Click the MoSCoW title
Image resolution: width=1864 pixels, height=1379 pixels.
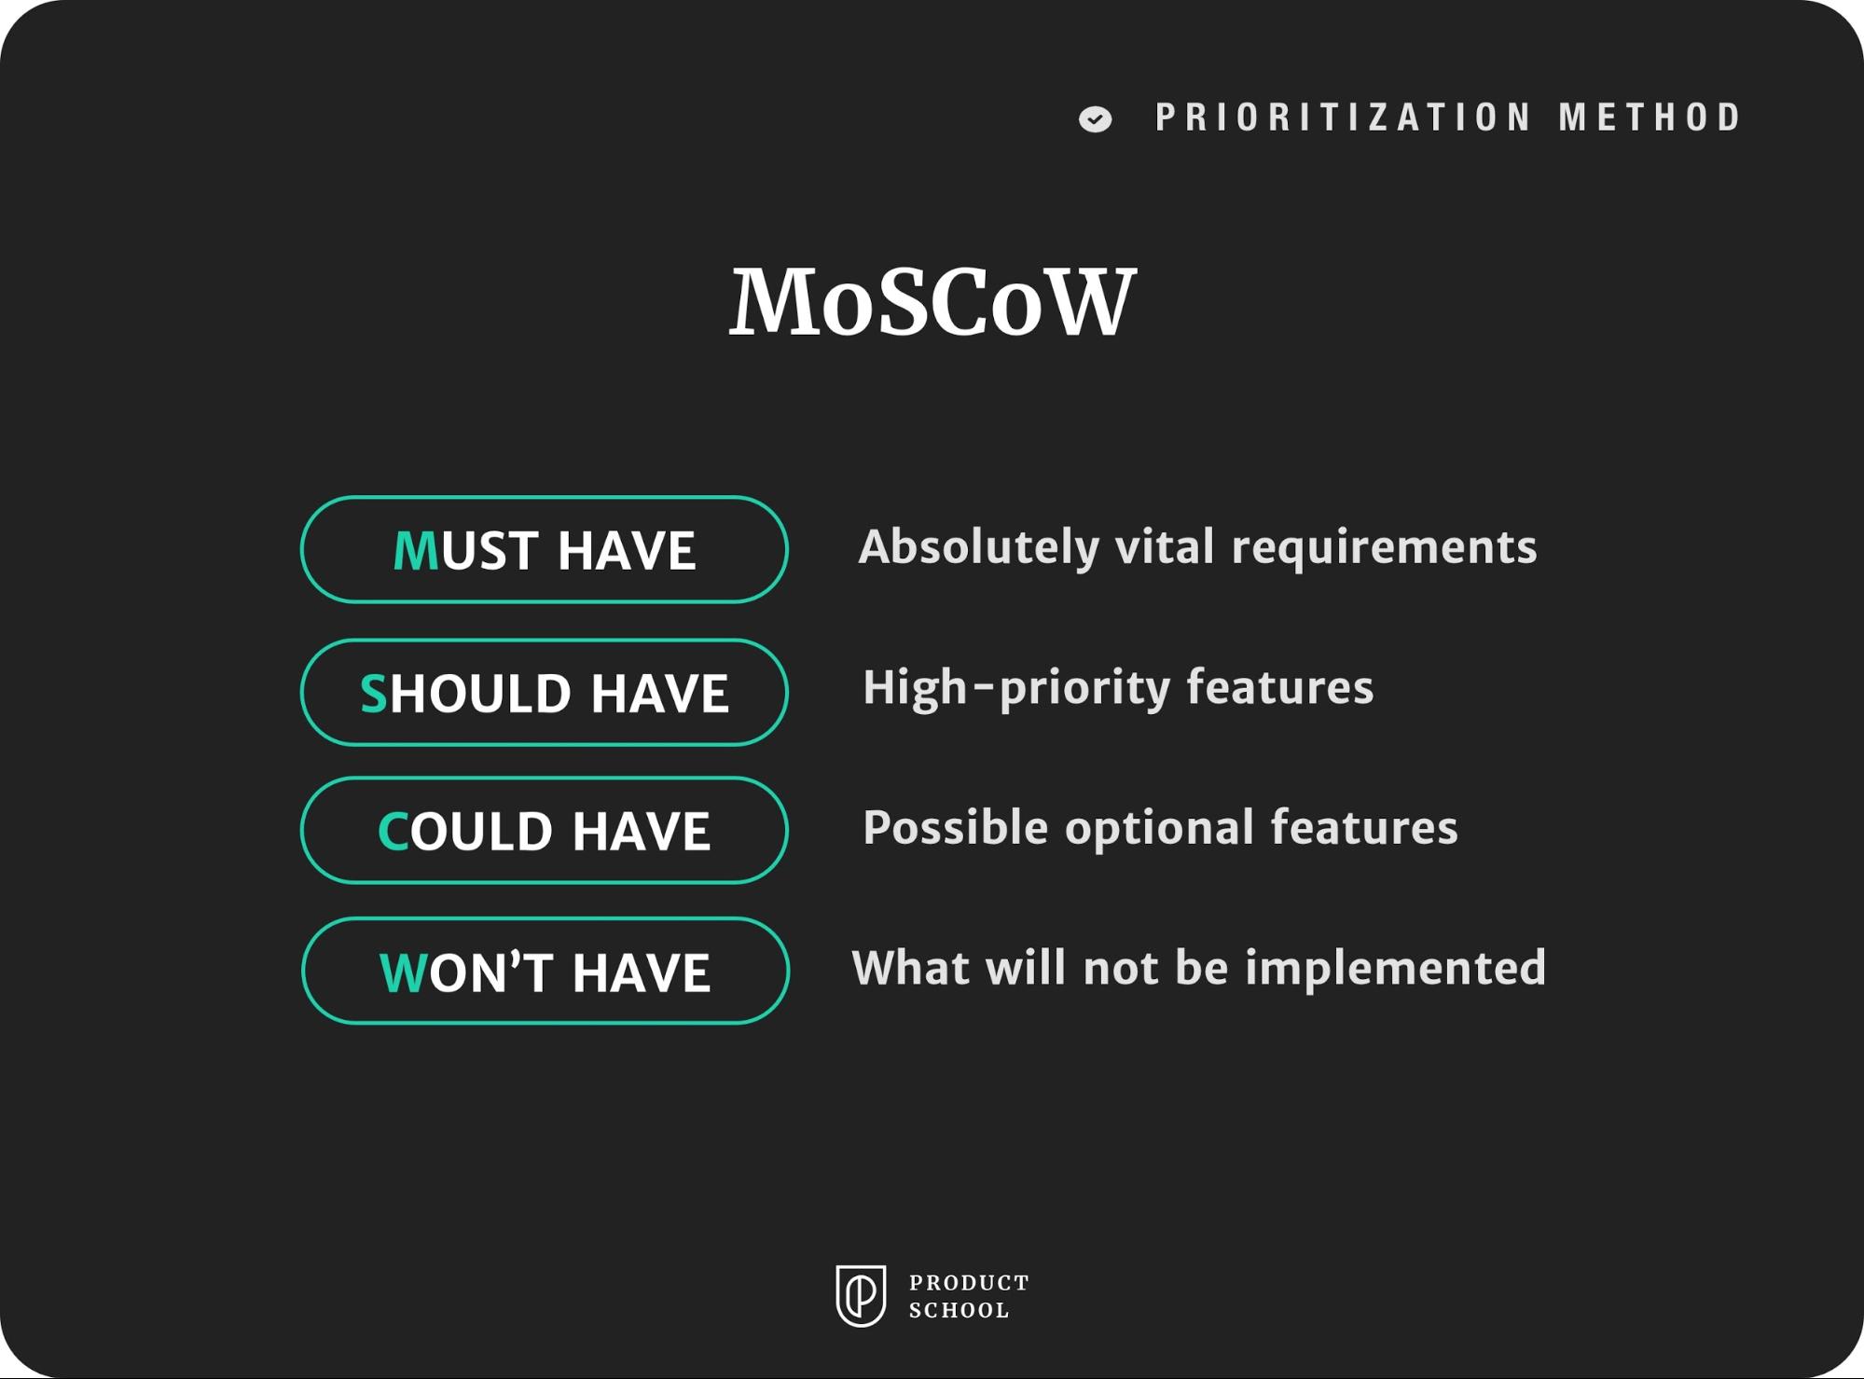[932, 301]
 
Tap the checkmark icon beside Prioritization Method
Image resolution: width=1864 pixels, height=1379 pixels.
[1095, 119]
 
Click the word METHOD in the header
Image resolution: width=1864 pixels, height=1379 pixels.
[1650, 117]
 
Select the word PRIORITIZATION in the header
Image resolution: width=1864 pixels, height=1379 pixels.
[1343, 117]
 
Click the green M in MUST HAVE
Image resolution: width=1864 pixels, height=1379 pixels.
[416, 550]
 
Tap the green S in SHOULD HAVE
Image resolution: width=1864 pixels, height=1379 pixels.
[374, 694]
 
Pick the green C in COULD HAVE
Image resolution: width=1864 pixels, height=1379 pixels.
[393, 832]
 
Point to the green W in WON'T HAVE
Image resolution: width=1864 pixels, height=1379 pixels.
[403, 973]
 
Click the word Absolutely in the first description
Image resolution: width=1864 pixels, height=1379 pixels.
[978, 547]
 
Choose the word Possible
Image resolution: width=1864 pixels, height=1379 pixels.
[955, 828]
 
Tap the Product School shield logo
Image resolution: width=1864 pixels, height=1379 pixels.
[860, 1295]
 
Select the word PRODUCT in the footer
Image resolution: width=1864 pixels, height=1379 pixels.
[969, 1283]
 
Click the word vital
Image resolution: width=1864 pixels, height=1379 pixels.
[1165, 547]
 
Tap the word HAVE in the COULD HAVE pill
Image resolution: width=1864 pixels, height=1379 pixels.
[641, 832]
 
